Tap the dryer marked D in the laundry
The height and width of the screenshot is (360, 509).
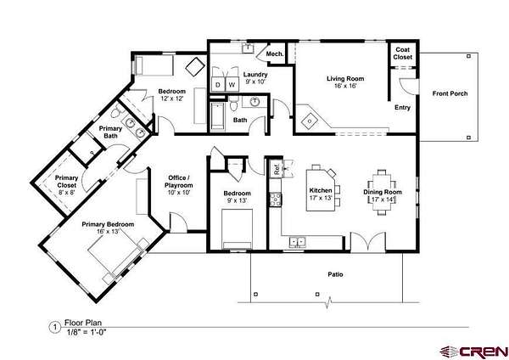pos(218,84)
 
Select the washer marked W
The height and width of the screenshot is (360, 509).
pos(232,84)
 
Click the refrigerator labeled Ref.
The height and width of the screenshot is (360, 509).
pos(277,169)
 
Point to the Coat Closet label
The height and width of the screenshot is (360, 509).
pos(402,53)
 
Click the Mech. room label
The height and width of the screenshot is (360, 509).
pos(275,53)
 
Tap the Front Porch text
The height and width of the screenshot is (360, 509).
pos(450,93)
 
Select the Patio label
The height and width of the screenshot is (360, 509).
pos(335,274)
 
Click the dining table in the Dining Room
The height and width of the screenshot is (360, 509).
pos(382,193)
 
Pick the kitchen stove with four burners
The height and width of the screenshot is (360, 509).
pos(275,200)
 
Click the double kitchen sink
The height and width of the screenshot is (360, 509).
pos(298,242)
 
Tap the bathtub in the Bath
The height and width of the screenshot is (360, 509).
pos(217,117)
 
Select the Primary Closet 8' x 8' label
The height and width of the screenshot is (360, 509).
pos(67,185)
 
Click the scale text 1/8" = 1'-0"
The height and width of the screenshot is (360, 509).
pos(87,332)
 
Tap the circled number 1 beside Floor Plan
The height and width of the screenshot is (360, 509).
pos(55,327)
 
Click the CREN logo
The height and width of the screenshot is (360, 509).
pos(474,352)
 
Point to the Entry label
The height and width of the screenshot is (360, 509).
pos(402,108)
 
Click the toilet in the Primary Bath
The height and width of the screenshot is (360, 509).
pos(117,113)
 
